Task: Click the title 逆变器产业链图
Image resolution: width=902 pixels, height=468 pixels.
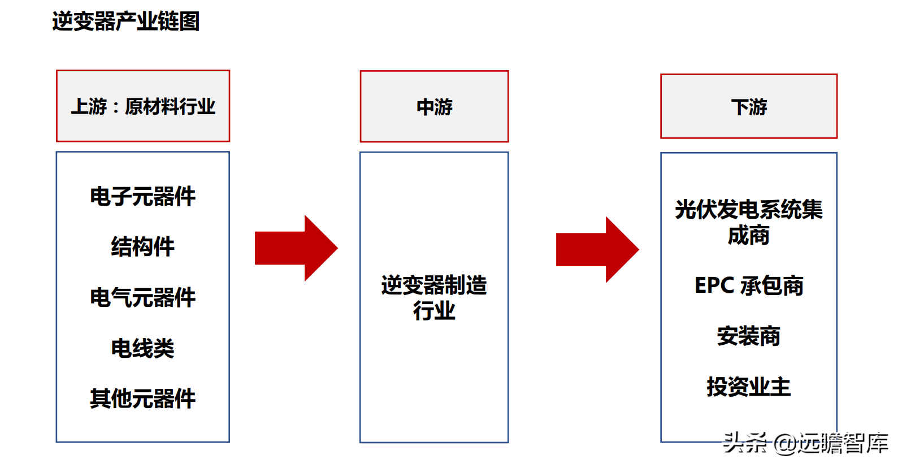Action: [126, 21]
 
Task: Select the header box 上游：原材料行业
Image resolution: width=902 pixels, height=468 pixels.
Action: [143, 106]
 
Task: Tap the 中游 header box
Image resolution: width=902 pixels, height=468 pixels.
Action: [435, 106]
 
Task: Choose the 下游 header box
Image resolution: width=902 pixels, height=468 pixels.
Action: [749, 106]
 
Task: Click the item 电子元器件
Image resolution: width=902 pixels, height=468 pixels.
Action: [143, 197]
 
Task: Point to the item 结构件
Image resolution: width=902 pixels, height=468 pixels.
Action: [143, 246]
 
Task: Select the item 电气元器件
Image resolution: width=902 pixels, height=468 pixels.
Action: [143, 298]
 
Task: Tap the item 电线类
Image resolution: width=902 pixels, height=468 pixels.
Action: [143, 348]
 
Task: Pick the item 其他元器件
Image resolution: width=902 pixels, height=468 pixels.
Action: [143, 398]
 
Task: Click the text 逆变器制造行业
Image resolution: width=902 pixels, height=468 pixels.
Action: [435, 298]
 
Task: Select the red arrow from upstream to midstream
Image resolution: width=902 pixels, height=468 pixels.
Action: [296, 248]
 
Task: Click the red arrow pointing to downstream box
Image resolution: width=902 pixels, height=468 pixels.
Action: [597, 249]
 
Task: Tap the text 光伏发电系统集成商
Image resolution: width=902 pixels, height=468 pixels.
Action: [749, 222]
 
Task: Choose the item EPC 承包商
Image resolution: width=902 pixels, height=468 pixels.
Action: [749, 285]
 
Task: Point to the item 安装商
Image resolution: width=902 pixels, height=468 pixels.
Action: [749, 336]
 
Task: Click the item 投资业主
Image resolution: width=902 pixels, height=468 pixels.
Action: [749, 387]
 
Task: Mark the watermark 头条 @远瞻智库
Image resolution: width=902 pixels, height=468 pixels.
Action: [806, 444]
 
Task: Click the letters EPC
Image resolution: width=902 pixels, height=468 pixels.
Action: [714, 285]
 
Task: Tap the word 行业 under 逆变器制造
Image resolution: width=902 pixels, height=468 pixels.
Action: [435, 311]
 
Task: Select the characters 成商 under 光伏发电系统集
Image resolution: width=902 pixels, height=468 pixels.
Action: [749, 235]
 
